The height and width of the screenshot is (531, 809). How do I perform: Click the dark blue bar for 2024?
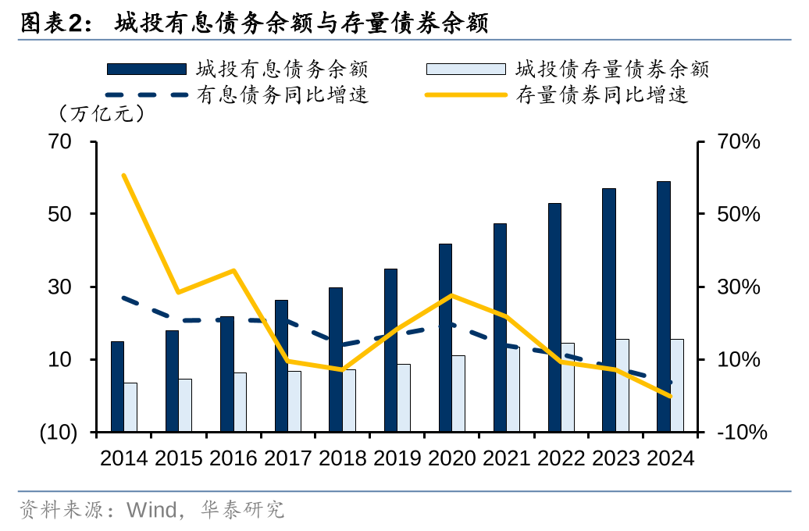(663, 306)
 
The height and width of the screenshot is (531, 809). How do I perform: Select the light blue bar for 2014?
(130, 407)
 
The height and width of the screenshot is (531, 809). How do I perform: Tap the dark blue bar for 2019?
(390, 350)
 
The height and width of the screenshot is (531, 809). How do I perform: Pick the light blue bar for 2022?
(568, 387)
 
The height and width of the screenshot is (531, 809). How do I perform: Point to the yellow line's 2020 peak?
(451, 295)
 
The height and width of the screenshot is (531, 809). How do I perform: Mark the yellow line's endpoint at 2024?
(670, 396)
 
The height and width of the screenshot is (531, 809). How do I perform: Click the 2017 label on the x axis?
(288, 458)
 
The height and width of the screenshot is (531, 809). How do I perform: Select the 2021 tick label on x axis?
(506, 458)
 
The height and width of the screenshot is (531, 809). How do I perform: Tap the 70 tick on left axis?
(61, 142)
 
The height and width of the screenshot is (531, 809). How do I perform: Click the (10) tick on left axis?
(58, 433)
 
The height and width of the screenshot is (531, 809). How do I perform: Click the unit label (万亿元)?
(102, 114)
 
